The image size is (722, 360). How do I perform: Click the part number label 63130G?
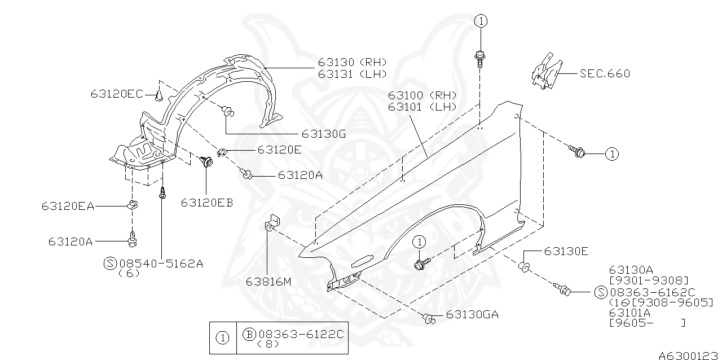coord(323,134)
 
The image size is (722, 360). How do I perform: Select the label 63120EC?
coord(117,94)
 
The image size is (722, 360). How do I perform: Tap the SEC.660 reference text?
coord(605,73)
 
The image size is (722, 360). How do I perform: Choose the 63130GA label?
coord(472,315)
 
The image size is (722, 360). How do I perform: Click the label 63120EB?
coord(207,203)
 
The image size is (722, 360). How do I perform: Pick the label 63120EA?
coord(68,207)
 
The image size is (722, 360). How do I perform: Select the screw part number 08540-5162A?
coord(161,263)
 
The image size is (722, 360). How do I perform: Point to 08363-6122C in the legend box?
coord(300,334)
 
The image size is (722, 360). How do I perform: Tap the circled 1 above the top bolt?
coord(480,21)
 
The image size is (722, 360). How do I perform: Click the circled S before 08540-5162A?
coord(111,263)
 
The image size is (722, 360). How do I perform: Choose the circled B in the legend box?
coord(249,334)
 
